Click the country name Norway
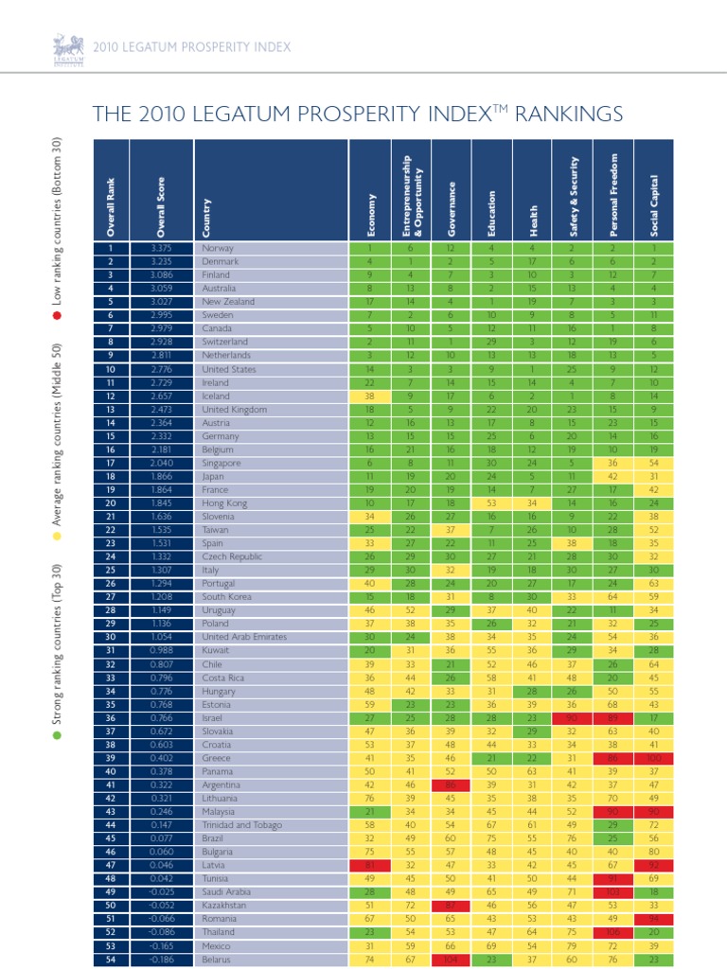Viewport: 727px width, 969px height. pos(217,248)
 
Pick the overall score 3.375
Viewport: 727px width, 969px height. pos(160,248)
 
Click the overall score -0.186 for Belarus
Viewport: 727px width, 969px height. pos(160,959)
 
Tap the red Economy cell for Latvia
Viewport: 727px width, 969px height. pos(371,865)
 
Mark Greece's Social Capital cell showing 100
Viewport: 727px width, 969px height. pos(652,758)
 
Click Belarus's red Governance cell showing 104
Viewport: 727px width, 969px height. pos(451,959)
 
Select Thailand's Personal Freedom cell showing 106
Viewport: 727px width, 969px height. pos(612,932)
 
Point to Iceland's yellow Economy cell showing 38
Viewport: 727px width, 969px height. pos(371,396)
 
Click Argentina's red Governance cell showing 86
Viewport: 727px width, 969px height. pos(451,784)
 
